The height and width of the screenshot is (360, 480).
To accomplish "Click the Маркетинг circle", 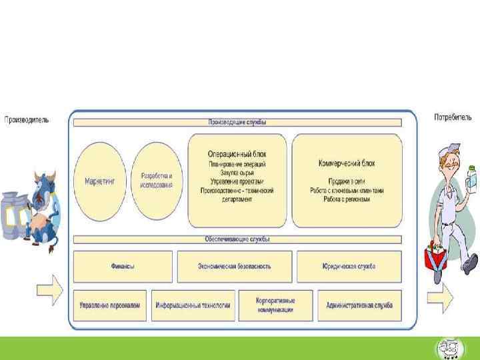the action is tap(100, 180).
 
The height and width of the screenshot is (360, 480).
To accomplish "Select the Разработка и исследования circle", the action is tap(157, 180).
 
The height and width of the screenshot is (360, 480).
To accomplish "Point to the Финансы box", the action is tap(123, 266).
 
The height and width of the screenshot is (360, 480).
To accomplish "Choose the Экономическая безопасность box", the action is tap(234, 266).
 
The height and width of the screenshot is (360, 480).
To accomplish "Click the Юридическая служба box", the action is tap(349, 266).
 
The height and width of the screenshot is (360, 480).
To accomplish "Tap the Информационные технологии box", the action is tap(193, 305).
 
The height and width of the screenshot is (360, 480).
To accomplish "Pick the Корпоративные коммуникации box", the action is tap(275, 305).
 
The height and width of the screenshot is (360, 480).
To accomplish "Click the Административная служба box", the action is tap(359, 305).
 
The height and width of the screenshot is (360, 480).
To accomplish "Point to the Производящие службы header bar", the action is tap(237, 123).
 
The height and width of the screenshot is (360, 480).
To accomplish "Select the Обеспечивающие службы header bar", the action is tap(237, 239).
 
